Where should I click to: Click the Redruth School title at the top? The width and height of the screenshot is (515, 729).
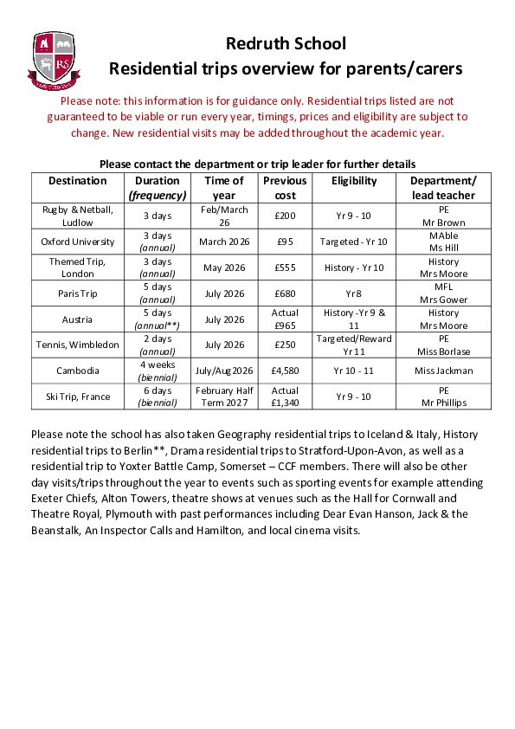click(286, 43)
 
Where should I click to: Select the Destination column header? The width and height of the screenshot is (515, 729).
click(78, 181)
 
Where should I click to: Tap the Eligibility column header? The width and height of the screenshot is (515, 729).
click(355, 181)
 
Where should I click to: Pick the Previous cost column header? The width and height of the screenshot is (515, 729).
click(285, 188)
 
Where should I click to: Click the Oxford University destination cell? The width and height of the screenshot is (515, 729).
click(78, 242)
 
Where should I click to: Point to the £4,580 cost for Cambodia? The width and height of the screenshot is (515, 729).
click(285, 371)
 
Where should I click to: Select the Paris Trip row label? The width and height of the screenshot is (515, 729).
click(78, 294)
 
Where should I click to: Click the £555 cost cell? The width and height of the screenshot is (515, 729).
click(285, 268)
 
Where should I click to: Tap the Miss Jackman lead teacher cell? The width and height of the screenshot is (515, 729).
click(444, 371)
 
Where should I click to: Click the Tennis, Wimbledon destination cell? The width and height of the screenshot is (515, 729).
click(78, 345)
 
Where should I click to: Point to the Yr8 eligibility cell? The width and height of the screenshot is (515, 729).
click(355, 294)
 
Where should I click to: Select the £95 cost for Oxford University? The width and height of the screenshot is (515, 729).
click(285, 242)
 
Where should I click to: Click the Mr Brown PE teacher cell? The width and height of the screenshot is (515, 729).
click(444, 222)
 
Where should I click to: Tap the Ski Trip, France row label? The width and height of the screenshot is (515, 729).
click(78, 397)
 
